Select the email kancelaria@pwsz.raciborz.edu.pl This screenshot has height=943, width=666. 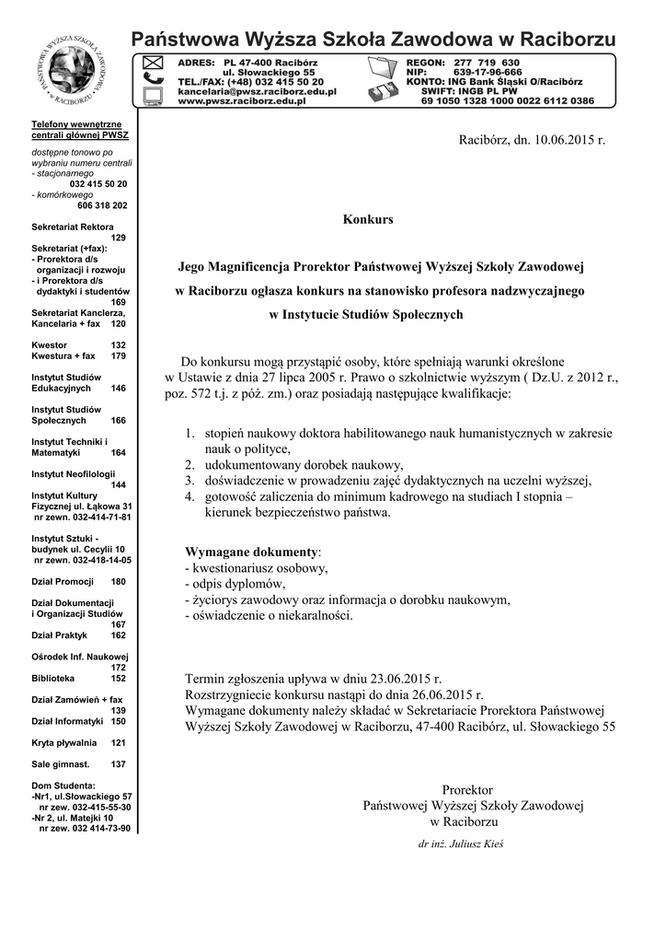tap(257, 91)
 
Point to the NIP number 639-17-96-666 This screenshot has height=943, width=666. tap(488, 72)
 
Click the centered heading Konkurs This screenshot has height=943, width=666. tap(367, 220)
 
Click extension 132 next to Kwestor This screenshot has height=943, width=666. tap(118, 344)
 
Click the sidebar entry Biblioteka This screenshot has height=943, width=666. tap(52, 678)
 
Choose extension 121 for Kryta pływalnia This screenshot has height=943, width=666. tap(118, 742)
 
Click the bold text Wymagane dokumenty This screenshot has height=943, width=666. tap(251, 552)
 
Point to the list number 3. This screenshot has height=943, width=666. tap(189, 481)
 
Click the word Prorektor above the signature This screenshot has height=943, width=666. tap(467, 790)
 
